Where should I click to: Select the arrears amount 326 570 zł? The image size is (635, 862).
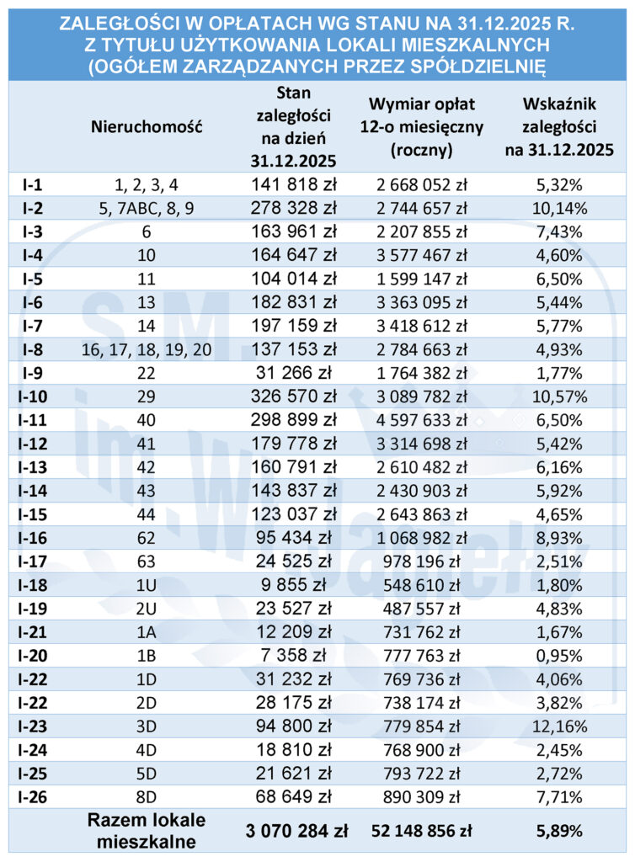click(294, 393)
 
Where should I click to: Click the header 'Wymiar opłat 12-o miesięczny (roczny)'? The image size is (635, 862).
click(423, 126)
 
